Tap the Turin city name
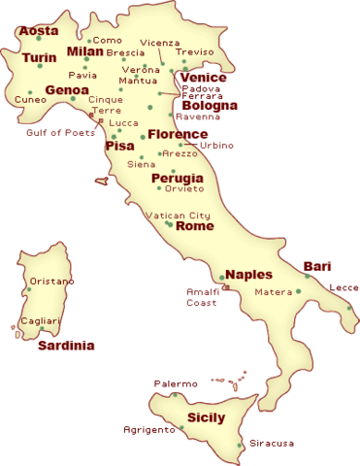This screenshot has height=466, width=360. point(40,58)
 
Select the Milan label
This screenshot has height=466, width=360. point(84,51)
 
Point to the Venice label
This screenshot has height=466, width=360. point(204,78)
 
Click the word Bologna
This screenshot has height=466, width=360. point(210,106)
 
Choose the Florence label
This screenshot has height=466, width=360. point(178,134)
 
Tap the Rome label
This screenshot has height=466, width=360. point(195,225)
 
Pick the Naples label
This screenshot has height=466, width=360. point(249,274)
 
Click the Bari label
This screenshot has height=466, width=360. point(317,266)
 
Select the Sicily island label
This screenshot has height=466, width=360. point(206,417)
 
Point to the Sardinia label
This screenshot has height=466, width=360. point(66,346)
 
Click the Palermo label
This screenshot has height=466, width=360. point(175,383)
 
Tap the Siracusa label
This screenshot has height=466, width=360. point(271,443)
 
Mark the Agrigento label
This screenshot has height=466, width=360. point(147,429)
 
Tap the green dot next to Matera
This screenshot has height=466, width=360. point(298,291)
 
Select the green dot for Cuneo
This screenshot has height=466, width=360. point(30,92)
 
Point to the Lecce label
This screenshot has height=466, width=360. point(344,287)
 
